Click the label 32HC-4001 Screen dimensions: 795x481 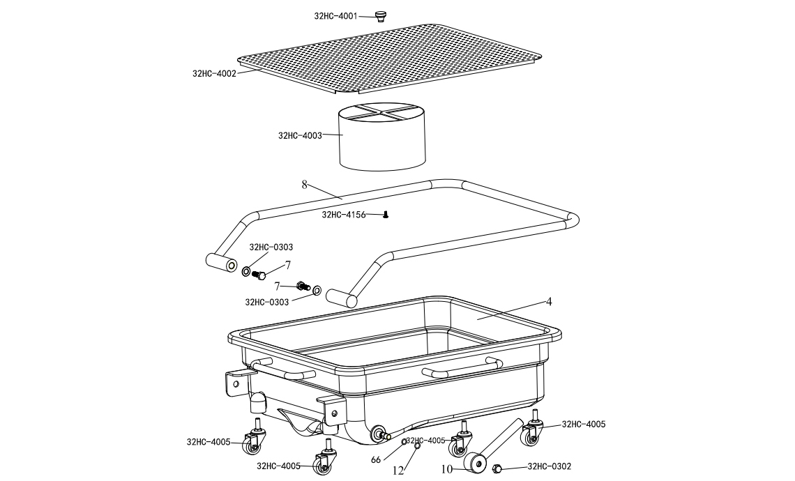tap(335, 16)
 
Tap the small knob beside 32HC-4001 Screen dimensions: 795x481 tap(379, 16)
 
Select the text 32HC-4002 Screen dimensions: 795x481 tap(214, 73)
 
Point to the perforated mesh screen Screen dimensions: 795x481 tap(390, 58)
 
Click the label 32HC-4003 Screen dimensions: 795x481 tap(300, 135)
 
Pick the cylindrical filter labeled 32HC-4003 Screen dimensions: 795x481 tap(381, 137)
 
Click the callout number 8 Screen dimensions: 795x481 tap(304, 185)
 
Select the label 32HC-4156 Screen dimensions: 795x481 tap(343, 215)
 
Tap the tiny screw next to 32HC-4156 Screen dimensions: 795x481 tap(386, 215)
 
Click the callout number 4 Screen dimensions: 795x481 tap(549, 302)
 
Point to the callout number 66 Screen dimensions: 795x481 tap(376, 460)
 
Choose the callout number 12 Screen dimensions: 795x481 tap(398, 471)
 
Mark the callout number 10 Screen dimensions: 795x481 tap(446, 469)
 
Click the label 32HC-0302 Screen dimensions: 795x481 tap(549, 466)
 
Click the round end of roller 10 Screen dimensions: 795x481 tap(476, 464)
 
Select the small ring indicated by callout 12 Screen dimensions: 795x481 tap(417, 446)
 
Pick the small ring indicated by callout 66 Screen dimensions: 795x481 tap(404, 442)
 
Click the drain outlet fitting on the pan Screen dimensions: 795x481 tap(381, 434)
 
